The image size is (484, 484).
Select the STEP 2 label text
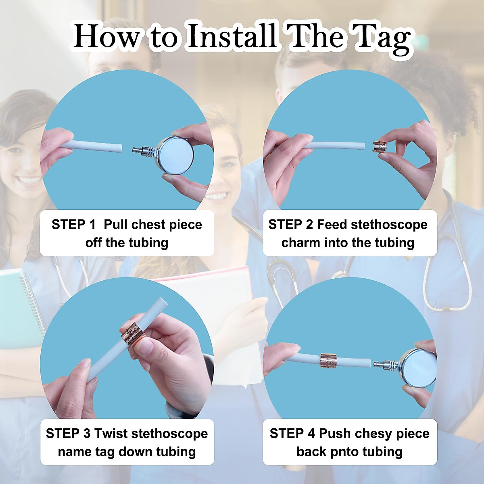(290, 225)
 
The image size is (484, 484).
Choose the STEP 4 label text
(292, 434)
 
